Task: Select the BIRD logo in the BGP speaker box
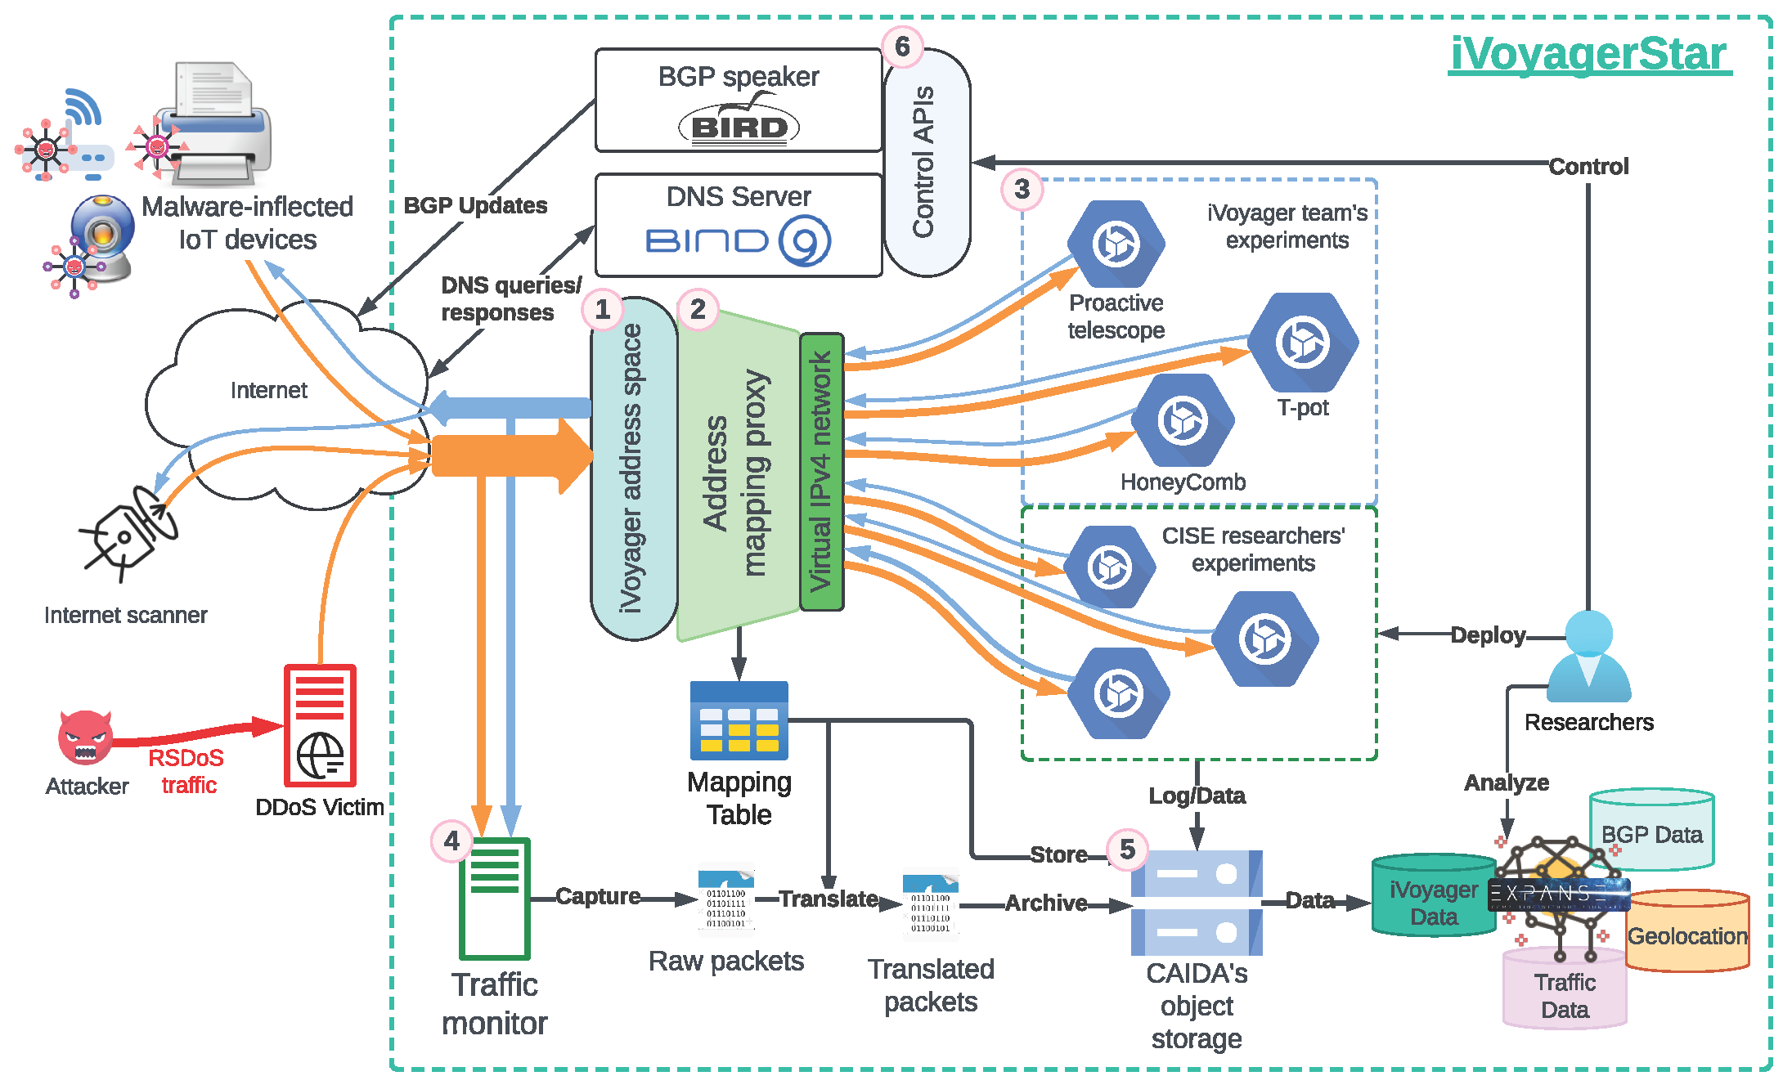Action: pyautogui.click(x=739, y=126)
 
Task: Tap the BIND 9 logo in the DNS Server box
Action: pyautogui.click(x=739, y=240)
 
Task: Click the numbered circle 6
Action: pyautogui.click(x=902, y=47)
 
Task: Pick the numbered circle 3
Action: pyautogui.click(x=1022, y=190)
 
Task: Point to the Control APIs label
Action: pyautogui.click(x=924, y=162)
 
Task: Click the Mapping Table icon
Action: pyautogui.click(x=739, y=720)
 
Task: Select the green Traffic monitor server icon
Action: pyautogui.click(x=495, y=898)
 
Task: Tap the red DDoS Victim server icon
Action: pyautogui.click(x=320, y=725)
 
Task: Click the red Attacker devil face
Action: pyautogui.click(x=85, y=737)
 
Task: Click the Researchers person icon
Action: pyautogui.click(x=1588, y=657)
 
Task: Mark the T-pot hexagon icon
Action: pyautogui.click(x=1303, y=342)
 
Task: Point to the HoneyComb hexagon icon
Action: pyautogui.click(x=1183, y=420)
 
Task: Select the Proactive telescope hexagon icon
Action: pyautogui.click(x=1116, y=244)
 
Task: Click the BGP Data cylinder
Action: pyautogui.click(x=1651, y=830)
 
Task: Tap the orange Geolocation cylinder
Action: pyautogui.click(x=1686, y=932)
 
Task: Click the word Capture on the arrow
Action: pyautogui.click(x=598, y=896)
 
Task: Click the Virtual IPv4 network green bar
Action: pyautogui.click(x=821, y=472)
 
